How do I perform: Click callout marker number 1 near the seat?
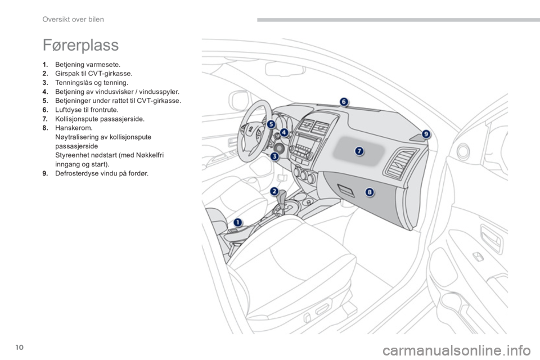(x=238, y=223)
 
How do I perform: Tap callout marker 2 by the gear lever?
(x=274, y=191)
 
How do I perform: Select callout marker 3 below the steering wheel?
(x=274, y=157)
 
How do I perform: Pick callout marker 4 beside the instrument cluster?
(x=284, y=132)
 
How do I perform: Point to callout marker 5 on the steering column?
(x=271, y=124)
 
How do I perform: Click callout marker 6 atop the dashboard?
(x=344, y=102)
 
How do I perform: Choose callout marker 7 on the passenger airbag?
(x=359, y=151)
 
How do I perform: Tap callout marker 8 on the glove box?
(x=370, y=192)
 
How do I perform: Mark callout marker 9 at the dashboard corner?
(x=426, y=134)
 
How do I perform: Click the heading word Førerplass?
(x=80, y=45)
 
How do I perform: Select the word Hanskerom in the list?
(x=74, y=128)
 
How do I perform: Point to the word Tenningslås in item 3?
(x=73, y=83)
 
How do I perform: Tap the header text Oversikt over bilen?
(x=73, y=19)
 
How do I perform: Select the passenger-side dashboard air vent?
(x=400, y=164)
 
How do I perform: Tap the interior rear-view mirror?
(x=285, y=69)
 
